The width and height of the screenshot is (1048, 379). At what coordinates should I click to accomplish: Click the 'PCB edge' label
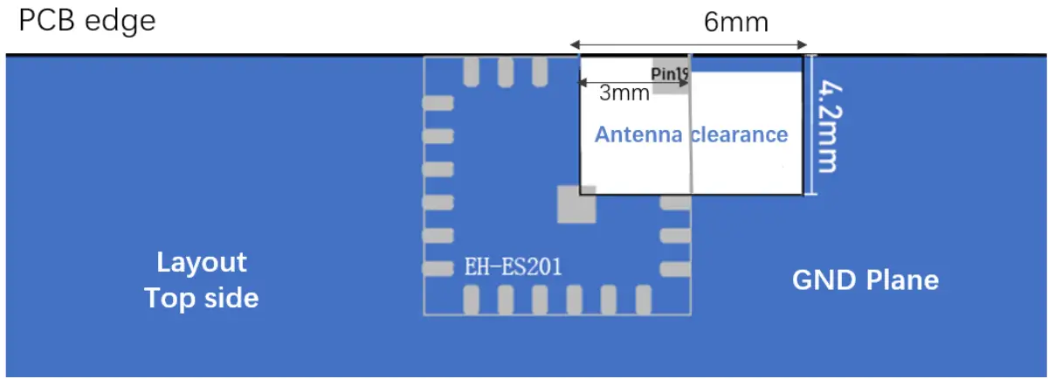pyautogui.click(x=87, y=21)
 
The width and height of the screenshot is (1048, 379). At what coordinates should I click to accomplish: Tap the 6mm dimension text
pyautogui.click(x=736, y=22)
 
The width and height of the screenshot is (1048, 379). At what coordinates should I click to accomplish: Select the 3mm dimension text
pyautogui.click(x=624, y=93)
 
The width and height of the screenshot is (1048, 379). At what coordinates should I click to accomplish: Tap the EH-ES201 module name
pyautogui.click(x=513, y=267)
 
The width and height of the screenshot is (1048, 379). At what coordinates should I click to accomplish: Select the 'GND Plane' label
pyautogui.click(x=865, y=280)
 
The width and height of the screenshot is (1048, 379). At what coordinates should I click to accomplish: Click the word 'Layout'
pyautogui.click(x=202, y=262)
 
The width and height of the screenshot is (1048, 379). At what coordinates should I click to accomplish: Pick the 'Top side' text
pyautogui.click(x=202, y=298)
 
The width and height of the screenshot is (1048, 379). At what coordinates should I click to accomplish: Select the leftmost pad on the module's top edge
pyautogui.click(x=472, y=72)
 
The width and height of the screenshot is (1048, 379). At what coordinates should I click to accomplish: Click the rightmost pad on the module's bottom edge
pyautogui.click(x=643, y=300)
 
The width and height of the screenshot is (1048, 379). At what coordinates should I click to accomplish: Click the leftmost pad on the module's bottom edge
pyautogui.click(x=472, y=300)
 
